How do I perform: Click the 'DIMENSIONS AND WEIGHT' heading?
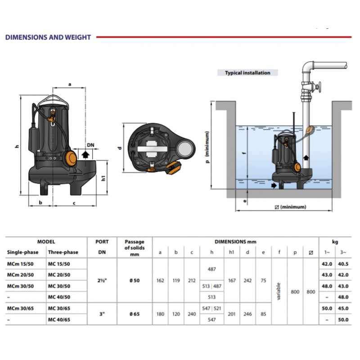[48, 37]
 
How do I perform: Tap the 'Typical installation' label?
[247, 73]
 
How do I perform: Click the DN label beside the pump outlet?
[90, 145]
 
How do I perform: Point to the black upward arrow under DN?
[85, 155]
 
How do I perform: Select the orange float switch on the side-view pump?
[71, 158]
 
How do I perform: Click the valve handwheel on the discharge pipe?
[319, 87]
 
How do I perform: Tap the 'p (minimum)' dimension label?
[207, 147]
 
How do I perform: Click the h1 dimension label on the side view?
[103, 178]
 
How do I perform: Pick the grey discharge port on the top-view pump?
[184, 149]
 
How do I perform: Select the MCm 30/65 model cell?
[20, 308]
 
